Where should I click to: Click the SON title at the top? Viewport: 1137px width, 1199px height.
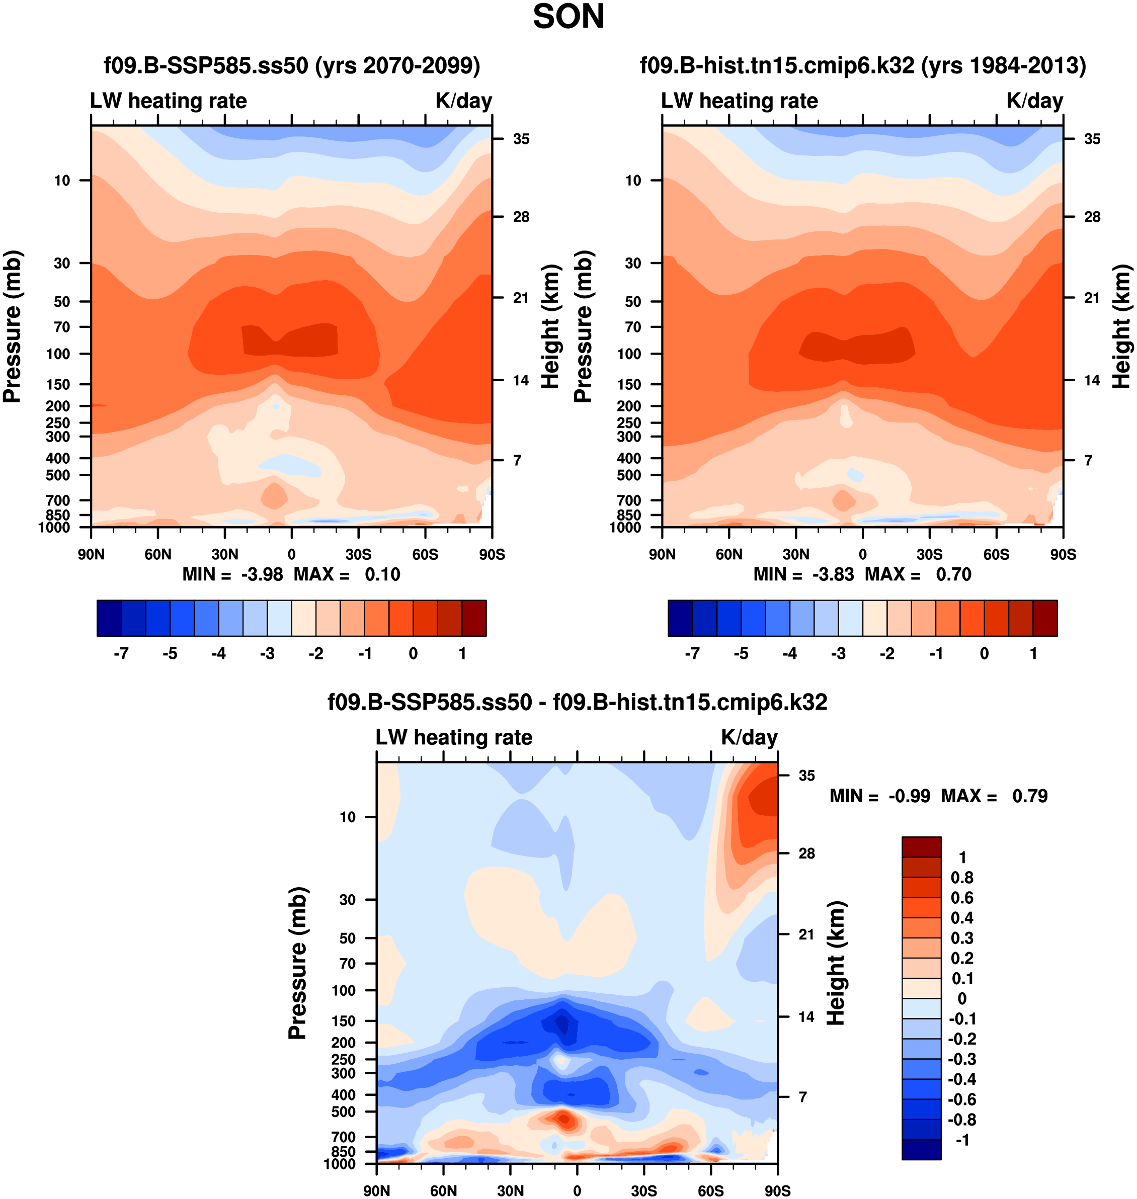click(568, 17)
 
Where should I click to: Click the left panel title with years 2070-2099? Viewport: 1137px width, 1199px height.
click(291, 65)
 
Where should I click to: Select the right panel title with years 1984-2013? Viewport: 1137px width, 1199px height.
click(862, 65)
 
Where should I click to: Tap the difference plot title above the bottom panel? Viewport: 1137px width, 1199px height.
click(577, 702)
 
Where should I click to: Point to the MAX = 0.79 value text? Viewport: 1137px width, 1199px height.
click(994, 796)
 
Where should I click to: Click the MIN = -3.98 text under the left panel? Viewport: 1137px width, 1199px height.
click(233, 574)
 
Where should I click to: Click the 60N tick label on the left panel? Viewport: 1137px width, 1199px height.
click(158, 554)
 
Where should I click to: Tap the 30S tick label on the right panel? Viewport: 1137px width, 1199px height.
click(929, 554)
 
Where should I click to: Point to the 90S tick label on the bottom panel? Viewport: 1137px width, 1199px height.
click(777, 1190)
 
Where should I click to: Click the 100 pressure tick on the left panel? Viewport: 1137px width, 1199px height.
click(58, 354)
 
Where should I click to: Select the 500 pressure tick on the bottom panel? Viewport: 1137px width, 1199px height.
click(343, 1112)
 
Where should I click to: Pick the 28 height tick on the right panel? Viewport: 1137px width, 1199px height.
click(1092, 217)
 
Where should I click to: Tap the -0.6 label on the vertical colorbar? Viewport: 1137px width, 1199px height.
click(962, 1099)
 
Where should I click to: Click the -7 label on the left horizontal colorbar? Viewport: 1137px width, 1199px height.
click(121, 654)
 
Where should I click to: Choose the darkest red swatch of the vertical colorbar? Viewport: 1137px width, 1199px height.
click(921, 847)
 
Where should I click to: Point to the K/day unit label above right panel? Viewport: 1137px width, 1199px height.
click(1034, 101)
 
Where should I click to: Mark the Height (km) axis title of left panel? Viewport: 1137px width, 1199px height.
click(550, 327)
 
